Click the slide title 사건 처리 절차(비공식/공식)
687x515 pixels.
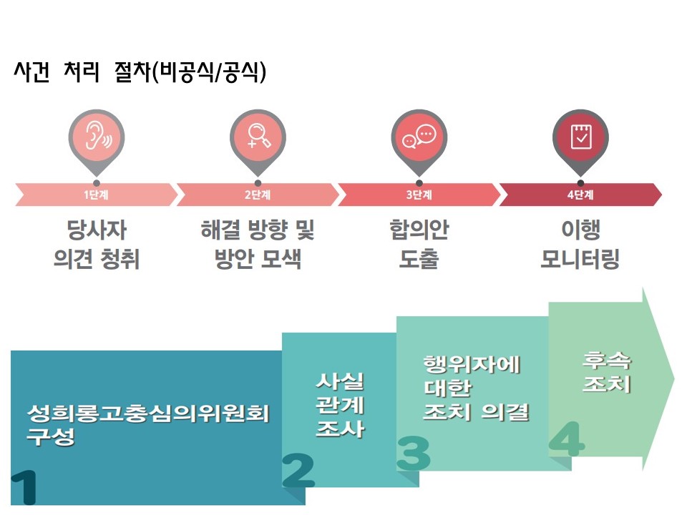click(x=140, y=73)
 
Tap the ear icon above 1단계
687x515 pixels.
click(x=96, y=137)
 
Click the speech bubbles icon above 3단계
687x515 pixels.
click(x=419, y=137)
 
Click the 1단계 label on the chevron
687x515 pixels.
click(x=96, y=195)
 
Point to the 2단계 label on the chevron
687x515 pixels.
click(x=258, y=195)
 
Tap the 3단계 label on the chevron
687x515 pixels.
click(x=419, y=195)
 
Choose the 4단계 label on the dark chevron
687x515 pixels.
click(x=580, y=195)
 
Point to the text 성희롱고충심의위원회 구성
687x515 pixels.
click(x=147, y=425)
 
